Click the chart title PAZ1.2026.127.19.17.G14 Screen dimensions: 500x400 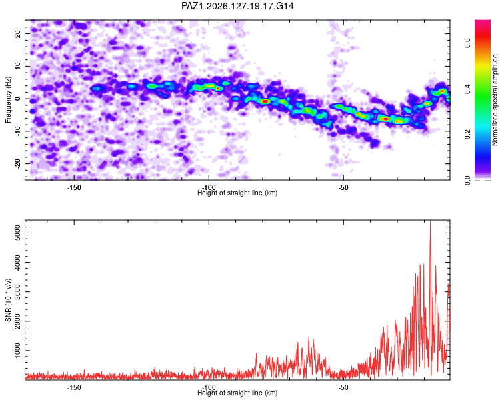pos(237,6)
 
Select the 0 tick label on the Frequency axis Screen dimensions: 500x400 pos(17,99)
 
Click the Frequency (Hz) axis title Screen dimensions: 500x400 pos(8,100)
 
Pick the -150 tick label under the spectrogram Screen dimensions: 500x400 pos(74,187)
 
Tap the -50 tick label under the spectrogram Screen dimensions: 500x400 pos(343,187)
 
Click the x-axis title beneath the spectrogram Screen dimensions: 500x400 pos(237,193)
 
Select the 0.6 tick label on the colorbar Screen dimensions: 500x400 pos(467,43)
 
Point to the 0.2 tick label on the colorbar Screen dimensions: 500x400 pos(467,134)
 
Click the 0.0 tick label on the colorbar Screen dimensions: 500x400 pos(467,180)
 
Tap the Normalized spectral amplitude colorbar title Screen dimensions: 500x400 pos(495,100)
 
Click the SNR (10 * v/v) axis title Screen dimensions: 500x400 pos(8,300)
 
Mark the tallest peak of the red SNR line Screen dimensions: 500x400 pos(431,221)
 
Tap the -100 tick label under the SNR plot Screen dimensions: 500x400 pos(209,387)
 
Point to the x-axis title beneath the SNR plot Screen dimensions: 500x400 pos(237,393)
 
